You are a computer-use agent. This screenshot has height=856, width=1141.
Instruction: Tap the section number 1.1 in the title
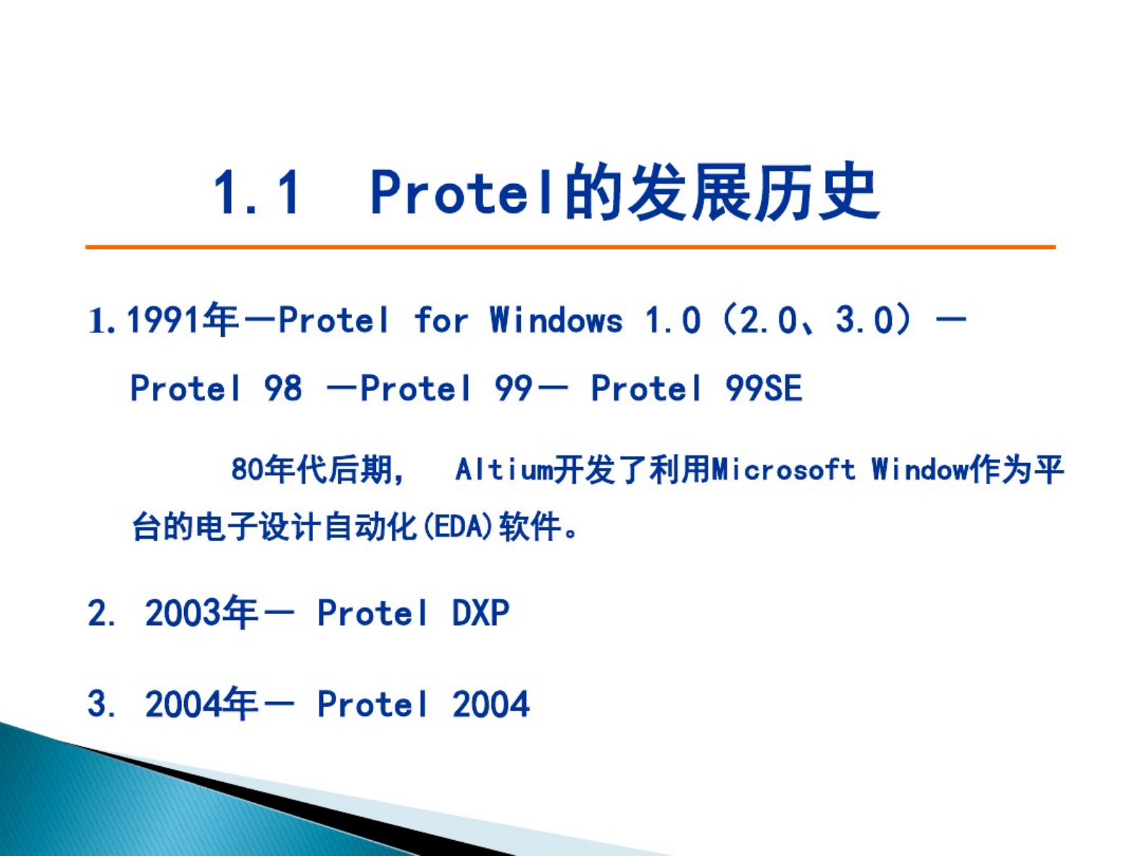(256, 192)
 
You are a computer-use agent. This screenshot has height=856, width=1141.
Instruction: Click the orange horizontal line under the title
(570, 247)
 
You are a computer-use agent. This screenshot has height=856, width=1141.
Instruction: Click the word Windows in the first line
(556, 319)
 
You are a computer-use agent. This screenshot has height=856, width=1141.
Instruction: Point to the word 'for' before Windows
(441, 319)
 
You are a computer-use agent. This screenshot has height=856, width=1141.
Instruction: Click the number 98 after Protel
(283, 388)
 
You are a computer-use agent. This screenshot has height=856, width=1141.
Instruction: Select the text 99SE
(764, 388)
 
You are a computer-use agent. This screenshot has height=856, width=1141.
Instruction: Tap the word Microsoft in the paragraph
(783, 469)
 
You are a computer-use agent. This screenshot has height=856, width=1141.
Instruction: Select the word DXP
(481, 613)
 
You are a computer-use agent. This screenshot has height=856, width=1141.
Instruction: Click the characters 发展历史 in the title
(753, 192)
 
